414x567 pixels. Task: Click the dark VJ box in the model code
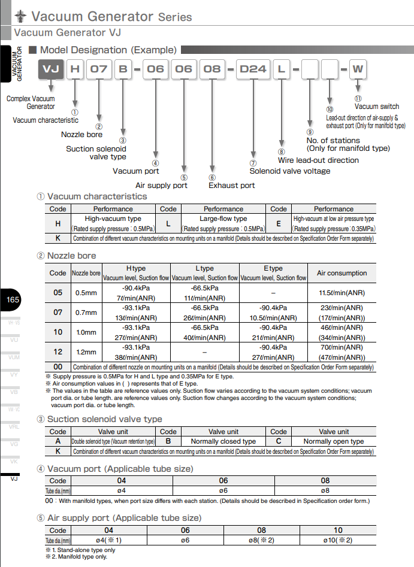[x=51, y=69]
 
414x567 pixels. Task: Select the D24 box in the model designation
[x=253, y=69]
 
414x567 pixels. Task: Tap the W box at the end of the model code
[x=358, y=69]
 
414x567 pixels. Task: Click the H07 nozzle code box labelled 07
[x=98, y=69]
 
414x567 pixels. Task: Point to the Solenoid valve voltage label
[x=289, y=171]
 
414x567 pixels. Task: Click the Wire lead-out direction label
[x=318, y=160]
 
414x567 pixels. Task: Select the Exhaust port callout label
[x=231, y=186]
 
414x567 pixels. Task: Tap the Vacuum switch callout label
[x=377, y=107]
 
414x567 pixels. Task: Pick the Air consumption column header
[x=342, y=273]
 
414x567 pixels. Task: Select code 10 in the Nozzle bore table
[x=58, y=332]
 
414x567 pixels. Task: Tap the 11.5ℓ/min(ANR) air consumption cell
[x=342, y=293]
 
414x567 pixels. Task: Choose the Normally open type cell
[x=333, y=441]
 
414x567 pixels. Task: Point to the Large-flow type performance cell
[x=223, y=219]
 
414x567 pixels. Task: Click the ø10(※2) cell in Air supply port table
[x=338, y=541]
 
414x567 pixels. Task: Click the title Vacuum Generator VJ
[x=67, y=33]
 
